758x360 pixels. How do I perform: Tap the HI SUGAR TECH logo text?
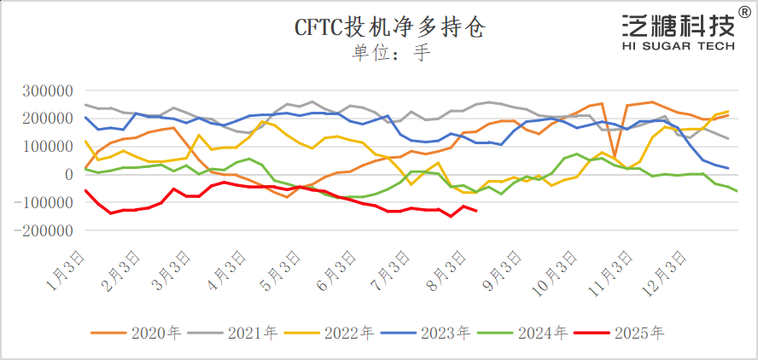[678, 47]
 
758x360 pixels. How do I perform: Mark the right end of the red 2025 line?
[475, 211]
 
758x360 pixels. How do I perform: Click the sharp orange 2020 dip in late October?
[615, 157]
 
